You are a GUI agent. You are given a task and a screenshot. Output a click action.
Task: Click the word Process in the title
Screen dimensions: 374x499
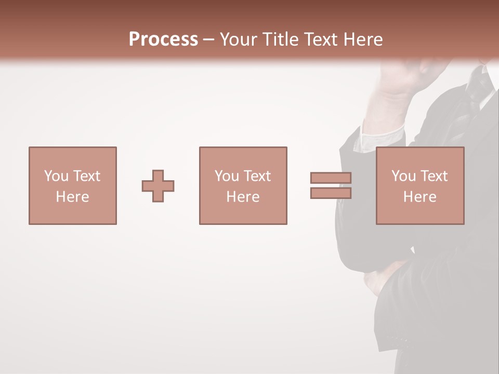point(163,39)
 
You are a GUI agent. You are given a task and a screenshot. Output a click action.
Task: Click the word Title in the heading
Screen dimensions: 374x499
point(280,39)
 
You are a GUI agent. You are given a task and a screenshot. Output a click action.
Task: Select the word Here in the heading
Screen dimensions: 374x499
point(363,39)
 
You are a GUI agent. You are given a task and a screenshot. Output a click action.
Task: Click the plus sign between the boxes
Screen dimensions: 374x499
point(158,186)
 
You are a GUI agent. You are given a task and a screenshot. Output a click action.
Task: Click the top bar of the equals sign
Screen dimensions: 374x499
point(331,178)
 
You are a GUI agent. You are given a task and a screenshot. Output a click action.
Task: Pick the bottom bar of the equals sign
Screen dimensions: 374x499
point(331,193)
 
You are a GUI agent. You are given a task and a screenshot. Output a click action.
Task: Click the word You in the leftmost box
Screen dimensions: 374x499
point(56,176)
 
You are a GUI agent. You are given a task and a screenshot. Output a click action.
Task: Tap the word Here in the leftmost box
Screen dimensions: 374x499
point(72,197)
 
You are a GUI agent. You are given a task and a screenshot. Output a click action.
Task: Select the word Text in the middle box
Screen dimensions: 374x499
point(257,176)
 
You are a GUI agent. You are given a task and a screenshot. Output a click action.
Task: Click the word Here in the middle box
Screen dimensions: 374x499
point(243,197)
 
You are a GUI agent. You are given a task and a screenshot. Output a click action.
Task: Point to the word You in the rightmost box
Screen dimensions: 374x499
point(403,176)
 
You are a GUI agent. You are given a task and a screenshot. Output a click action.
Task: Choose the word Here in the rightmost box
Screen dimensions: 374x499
point(419,197)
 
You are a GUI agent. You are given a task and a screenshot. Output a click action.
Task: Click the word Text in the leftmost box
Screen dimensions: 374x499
point(86,176)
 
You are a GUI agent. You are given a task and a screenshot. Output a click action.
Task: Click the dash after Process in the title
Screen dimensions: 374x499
point(208,39)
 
